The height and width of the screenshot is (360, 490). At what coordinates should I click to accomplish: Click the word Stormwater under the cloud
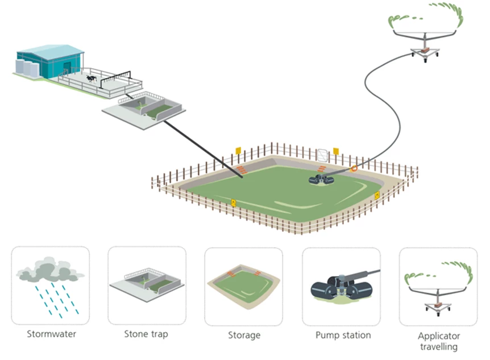click(50, 334)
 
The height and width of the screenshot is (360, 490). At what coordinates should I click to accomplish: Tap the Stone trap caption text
click(146, 334)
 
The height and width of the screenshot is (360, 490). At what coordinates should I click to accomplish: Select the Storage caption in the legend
click(244, 335)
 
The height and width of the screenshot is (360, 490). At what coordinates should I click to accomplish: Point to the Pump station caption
click(343, 335)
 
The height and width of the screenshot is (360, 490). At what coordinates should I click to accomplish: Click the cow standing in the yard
click(90, 77)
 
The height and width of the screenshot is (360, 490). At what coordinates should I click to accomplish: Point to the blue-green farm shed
click(51, 60)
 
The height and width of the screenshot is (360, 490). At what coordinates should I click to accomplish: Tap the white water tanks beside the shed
click(26, 68)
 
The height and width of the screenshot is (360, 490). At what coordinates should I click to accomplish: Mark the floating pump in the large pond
click(322, 180)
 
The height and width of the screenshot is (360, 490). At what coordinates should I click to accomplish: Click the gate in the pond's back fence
click(322, 154)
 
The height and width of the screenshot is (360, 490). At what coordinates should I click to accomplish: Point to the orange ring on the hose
click(354, 168)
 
